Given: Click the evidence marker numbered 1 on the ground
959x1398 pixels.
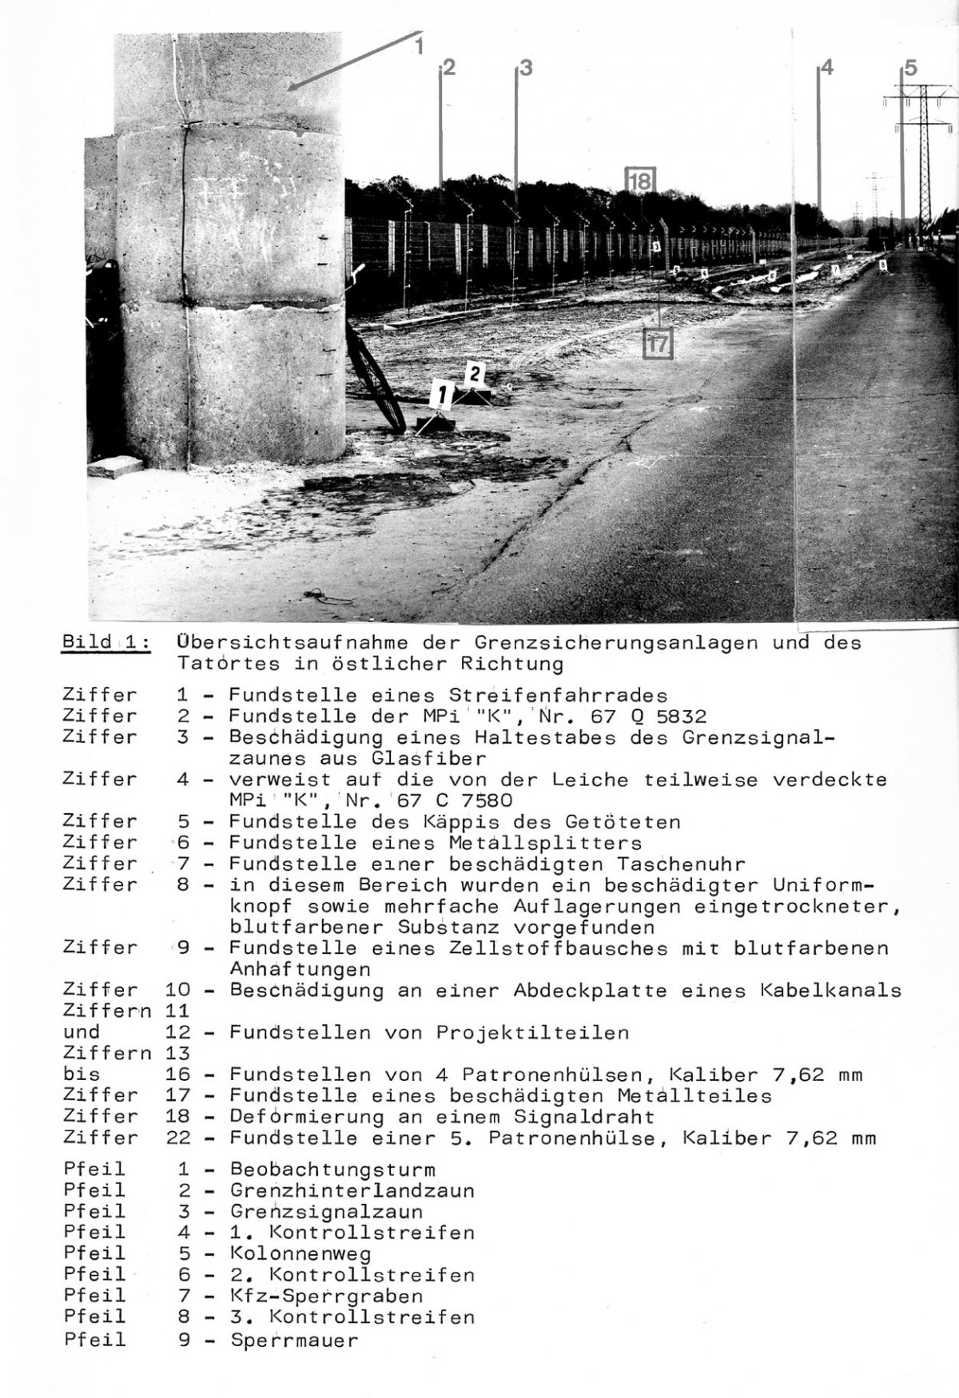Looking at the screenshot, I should point(441,395).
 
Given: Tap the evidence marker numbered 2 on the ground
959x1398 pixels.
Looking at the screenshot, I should point(475,373).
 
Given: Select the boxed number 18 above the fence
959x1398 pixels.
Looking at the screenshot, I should point(640,181).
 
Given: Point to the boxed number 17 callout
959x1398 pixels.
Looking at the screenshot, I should point(659,344).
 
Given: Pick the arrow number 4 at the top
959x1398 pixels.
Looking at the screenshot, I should point(827,68).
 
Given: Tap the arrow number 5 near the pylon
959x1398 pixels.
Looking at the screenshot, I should point(911,68).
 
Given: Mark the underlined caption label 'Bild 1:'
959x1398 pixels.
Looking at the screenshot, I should point(105,643).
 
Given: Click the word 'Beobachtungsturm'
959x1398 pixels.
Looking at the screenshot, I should point(332,1170).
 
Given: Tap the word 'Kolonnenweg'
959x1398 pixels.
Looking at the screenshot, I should point(300,1253).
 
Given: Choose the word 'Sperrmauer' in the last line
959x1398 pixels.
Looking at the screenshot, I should point(294,1340).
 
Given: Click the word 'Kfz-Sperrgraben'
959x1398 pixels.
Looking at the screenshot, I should point(326,1296).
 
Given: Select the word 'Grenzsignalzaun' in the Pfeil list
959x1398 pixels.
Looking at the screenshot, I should point(327,1212).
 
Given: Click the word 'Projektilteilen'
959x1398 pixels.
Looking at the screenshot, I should point(532,1032).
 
